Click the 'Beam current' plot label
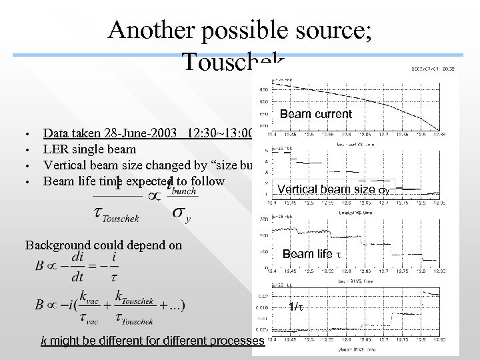point(315,114)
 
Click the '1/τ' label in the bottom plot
point(297,307)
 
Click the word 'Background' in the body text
point(57,245)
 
